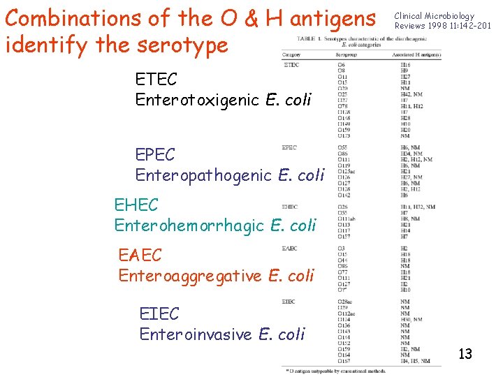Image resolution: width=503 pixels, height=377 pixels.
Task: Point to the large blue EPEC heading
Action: (x=156, y=155)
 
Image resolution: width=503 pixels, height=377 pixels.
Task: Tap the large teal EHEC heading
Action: (x=136, y=205)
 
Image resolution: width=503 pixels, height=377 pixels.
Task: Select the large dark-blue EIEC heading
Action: (x=159, y=314)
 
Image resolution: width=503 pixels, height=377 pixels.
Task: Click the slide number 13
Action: (x=465, y=354)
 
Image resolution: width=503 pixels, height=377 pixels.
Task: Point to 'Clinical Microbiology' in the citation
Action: (x=434, y=16)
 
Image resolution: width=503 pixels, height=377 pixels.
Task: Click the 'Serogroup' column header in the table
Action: (x=347, y=54)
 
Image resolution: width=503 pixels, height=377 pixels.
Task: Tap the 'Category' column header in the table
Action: (x=291, y=54)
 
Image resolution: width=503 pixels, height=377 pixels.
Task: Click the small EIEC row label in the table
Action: (x=289, y=302)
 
